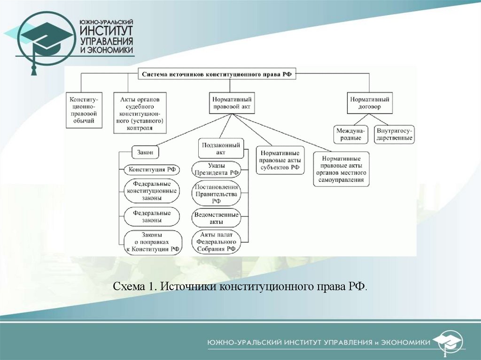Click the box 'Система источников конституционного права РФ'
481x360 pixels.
click(x=217, y=74)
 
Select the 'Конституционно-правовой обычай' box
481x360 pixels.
click(x=82, y=110)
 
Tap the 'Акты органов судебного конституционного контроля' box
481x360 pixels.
click(x=140, y=113)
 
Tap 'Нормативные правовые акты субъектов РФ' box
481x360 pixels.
click(x=280, y=160)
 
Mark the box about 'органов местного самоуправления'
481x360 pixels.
click(x=341, y=169)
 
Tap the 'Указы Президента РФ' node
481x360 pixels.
click(x=217, y=169)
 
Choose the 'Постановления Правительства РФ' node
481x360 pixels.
click(x=217, y=194)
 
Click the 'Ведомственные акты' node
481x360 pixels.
click(x=217, y=218)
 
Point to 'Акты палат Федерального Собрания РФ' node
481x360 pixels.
click(x=217, y=242)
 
